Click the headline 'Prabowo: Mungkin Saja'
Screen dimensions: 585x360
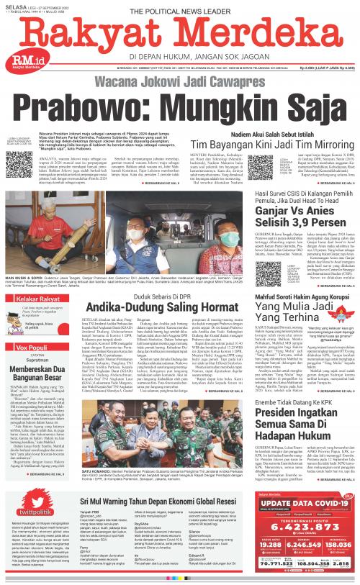(179, 105)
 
